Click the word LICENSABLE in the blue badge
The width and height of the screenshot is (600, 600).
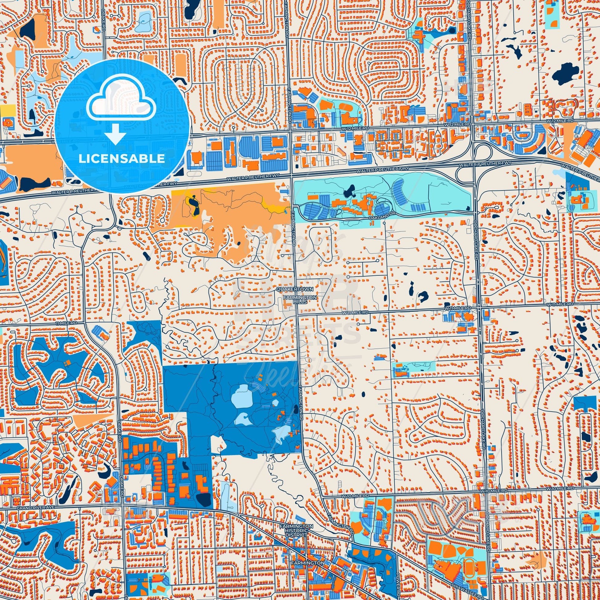pyautogui.click(x=121, y=158)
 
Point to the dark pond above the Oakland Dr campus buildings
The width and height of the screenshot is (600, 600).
pyautogui.click(x=351, y=190)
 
